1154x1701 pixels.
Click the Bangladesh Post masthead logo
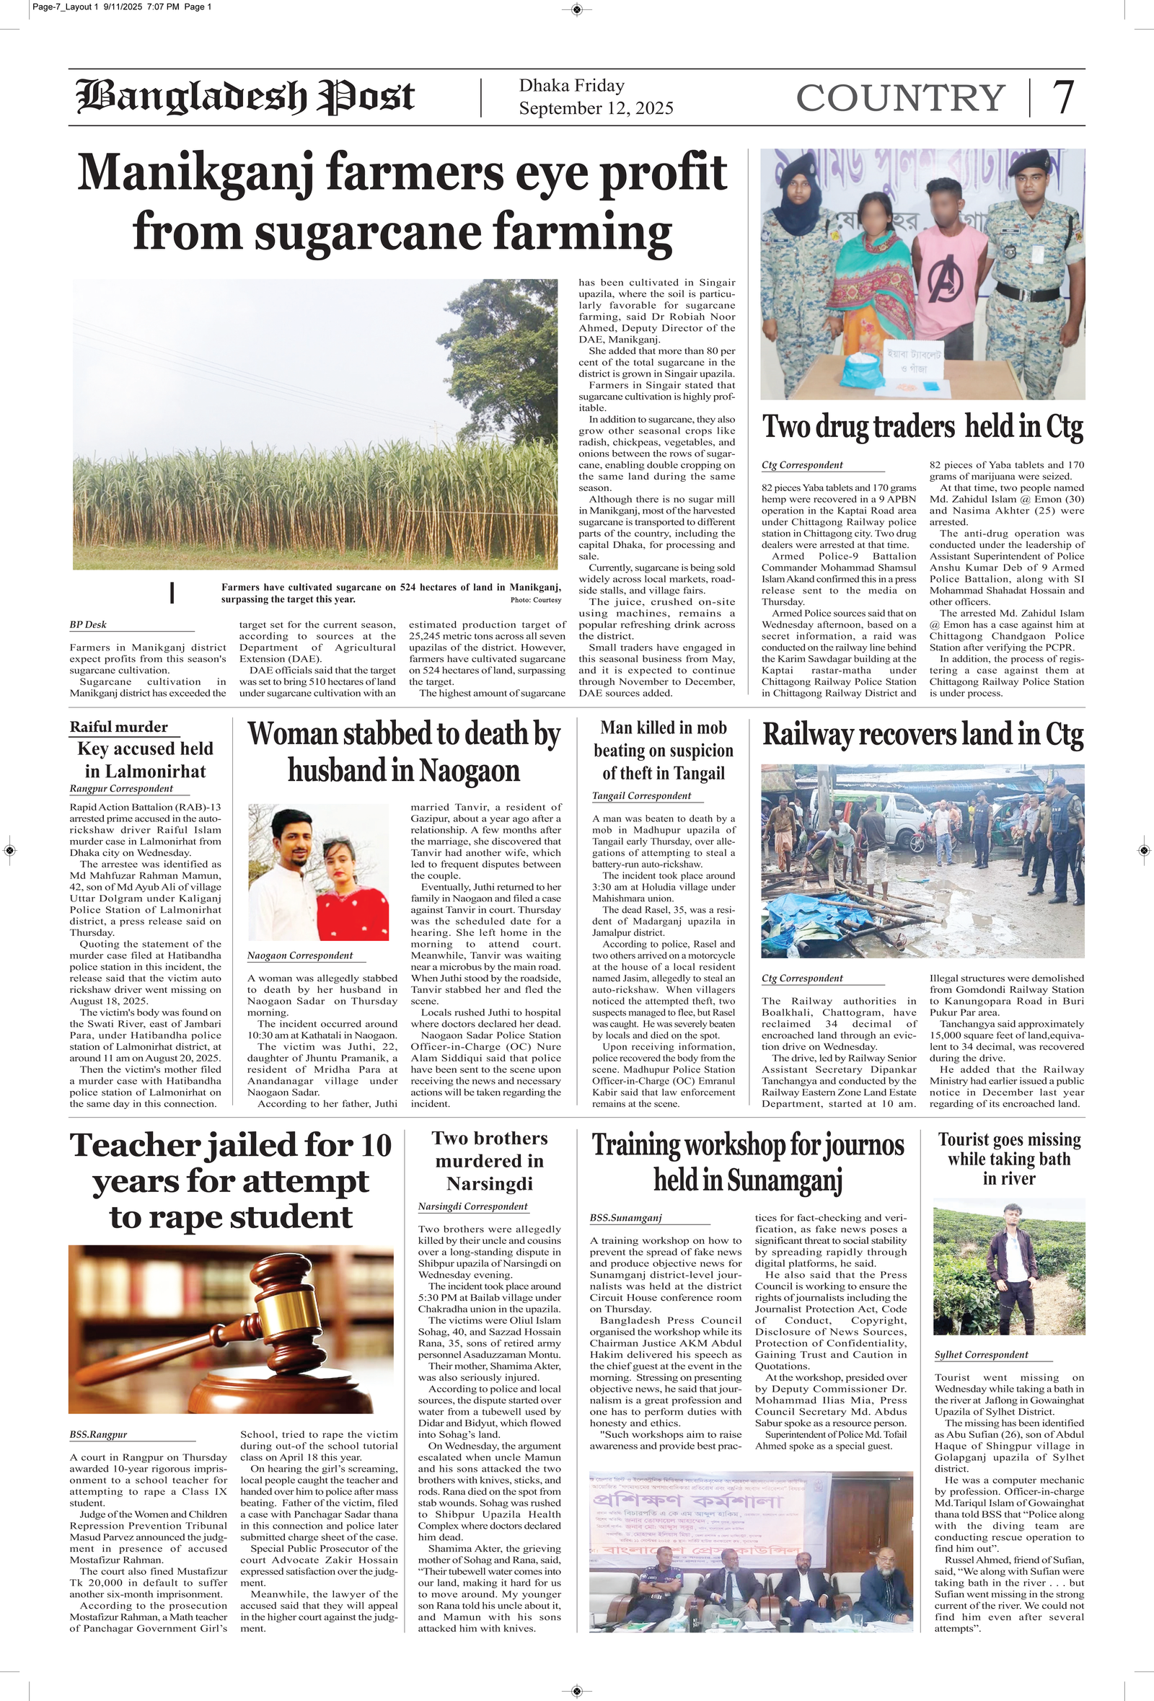[x=245, y=97]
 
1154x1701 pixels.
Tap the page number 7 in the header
[x=1062, y=97]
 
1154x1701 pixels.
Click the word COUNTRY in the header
[x=900, y=98]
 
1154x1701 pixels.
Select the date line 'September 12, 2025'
[x=595, y=108]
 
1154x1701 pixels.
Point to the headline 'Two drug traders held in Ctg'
[x=922, y=428]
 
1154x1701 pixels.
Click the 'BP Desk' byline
[x=88, y=624]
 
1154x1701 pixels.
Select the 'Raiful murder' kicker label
[x=118, y=727]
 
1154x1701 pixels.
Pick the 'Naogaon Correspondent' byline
[x=299, y=955]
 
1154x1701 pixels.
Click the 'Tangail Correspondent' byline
[x=640, y=795]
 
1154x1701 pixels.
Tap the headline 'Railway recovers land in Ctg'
[x=922, y=735]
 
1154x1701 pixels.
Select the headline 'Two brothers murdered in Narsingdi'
[x=489, y=1161]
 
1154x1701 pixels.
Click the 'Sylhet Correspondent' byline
[x=980, y=1355]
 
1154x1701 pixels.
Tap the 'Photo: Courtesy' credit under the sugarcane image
[x=535, y=600]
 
